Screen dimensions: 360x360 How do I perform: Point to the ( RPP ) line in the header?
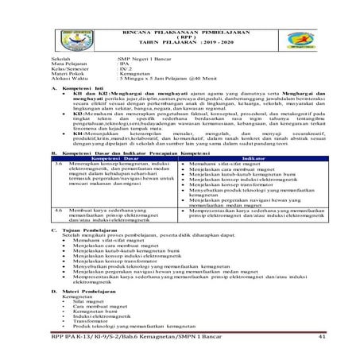[x=180, y=35]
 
